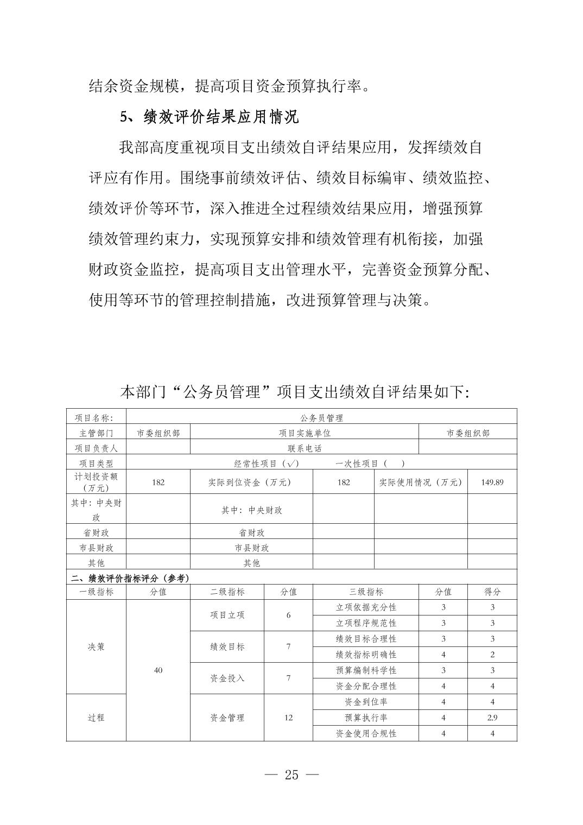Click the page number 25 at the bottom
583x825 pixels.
point(291,775)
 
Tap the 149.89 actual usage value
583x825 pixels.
point(492,482)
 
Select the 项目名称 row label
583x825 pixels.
point(96,418)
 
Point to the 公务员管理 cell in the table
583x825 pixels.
point(321,418)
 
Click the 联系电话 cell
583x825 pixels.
point(305,448)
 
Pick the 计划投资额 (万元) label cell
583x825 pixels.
point(96,482)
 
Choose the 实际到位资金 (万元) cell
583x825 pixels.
point(251,482)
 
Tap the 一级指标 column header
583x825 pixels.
point(96,592)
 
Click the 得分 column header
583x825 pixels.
point(492,592)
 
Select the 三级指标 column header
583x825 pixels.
point(366,592)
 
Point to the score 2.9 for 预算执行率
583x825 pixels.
point(492,718)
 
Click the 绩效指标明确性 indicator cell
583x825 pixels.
point(366,655)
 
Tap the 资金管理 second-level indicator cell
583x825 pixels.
point(227,718)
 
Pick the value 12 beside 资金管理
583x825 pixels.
point(288,718)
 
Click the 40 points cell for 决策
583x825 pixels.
point(158,670)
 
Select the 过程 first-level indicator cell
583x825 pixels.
point(96,718)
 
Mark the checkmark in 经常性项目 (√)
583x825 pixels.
point(291,464)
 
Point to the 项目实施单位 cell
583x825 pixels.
point(305,433)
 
